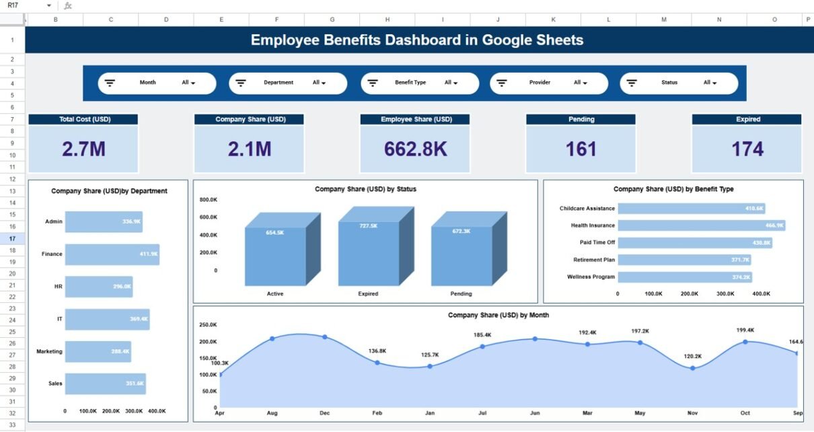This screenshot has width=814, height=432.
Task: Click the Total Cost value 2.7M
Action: coord(83,149)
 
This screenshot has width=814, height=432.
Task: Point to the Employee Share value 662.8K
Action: coord(414,149)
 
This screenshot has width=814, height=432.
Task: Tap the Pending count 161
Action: coord(581,149)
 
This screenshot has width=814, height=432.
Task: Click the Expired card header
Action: coord(747,119)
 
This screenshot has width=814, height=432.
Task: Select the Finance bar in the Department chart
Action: coord(112,254)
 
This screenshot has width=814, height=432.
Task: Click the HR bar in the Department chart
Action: coord(98,287)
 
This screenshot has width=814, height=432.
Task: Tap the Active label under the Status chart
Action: coord(275,294)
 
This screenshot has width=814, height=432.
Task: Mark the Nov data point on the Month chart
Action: coord(692,368)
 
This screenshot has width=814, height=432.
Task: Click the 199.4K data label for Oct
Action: coord(745,330)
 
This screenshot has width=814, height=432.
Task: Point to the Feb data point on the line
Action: coord(377,363)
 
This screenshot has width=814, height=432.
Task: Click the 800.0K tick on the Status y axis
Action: coord(208,200)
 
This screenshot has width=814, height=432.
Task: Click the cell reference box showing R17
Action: coord(27,5)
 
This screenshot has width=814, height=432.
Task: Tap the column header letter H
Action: coord(387,20)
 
